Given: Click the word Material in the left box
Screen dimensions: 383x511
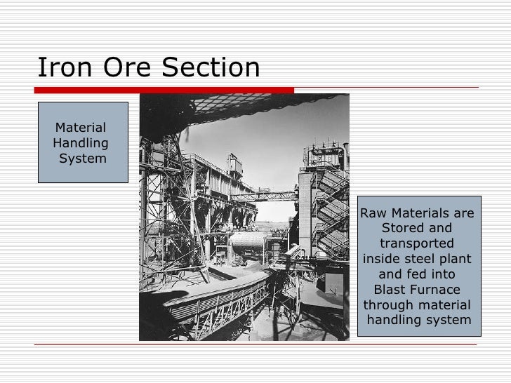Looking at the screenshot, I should (x=79, y=128).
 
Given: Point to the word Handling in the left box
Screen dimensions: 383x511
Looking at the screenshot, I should (x=81, y=143).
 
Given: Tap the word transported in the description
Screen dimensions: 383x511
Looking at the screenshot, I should (x=416, y=243).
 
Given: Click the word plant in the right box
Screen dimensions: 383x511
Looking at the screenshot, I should (x=456, y=259).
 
